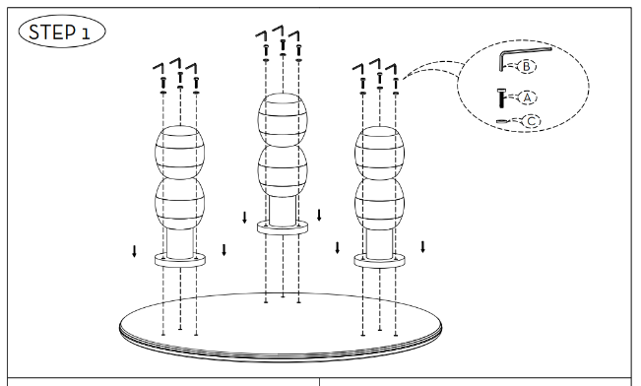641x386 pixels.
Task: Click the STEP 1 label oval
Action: tap(62, 32)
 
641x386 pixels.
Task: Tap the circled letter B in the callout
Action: tap(527, 66)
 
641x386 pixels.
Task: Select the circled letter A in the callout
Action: tap(527, 97)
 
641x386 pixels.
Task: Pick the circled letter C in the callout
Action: tap(532, 121)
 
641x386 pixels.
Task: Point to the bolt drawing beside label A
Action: tap(501, 98)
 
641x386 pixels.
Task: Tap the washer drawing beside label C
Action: tap(501, 121)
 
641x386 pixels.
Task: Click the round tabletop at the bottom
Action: tap(281, 327)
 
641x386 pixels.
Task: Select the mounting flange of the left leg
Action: tap(180, 260)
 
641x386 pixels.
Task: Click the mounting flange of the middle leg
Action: tap(283, 227)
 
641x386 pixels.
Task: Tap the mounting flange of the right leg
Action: tap(379, 261)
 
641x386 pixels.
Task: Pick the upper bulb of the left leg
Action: tap(180, 152)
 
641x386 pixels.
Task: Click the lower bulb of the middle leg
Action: tap(283, 171)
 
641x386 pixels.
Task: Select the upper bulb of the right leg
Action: tap(379, 153)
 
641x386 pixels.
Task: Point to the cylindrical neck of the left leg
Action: tap(180, 243)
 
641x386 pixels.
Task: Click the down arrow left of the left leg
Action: tap(134, 251)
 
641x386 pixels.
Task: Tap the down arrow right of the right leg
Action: tap(422, 246)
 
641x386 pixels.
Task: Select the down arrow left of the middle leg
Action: tap(244, 218)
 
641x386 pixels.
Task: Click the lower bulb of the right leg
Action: tap(379, 204)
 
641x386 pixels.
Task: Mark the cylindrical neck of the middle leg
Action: tap(283, 211)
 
